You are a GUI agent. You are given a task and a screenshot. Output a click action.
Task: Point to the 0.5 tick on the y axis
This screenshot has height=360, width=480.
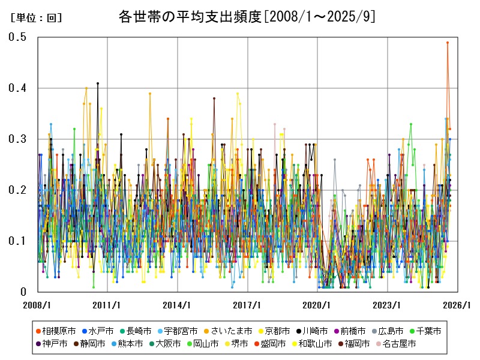point(17,37)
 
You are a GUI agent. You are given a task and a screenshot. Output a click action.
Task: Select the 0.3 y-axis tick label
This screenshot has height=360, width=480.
point(17,139)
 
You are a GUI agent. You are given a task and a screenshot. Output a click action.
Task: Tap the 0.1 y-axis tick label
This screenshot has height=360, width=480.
point(17,241)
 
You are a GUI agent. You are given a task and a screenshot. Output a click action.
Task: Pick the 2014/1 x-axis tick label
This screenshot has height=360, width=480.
point(178,305)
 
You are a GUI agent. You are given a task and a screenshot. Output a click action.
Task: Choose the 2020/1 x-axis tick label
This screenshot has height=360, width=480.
point(318,305)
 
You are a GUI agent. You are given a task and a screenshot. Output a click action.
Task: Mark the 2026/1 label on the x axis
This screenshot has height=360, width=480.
point(458,305)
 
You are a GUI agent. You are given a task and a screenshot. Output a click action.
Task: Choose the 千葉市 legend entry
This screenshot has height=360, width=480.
point(428,331)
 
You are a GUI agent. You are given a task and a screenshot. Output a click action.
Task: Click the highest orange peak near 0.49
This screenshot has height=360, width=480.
point(447,43)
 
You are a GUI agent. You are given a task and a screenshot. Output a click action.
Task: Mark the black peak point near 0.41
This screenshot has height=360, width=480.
point(98,83)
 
